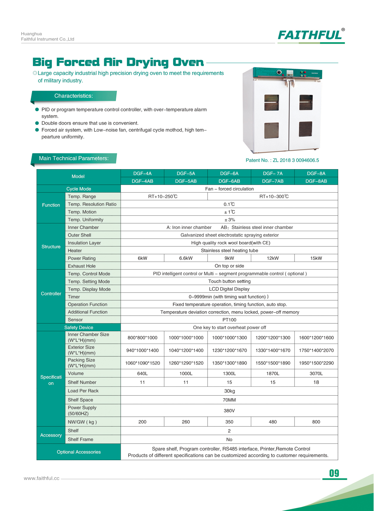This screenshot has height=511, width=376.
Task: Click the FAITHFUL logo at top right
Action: coord(311,35)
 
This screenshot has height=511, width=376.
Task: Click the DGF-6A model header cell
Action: coord(229,173)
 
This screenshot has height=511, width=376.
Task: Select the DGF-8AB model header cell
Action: coord(316,181)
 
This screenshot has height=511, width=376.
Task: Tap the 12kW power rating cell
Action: coord(272,258)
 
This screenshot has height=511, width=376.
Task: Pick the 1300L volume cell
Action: coord(229,373)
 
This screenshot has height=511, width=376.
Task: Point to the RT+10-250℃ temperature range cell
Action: coord(163,196)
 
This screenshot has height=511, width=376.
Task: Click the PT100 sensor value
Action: coord(229,320)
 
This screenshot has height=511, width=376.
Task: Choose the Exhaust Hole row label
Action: coord(82,266)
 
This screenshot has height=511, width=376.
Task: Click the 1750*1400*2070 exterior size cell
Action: coord(316,350)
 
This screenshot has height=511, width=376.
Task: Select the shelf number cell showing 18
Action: coord(316,382)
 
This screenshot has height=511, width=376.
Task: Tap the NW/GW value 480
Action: coord(272,422)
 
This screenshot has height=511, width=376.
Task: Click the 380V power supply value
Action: coord(229,411)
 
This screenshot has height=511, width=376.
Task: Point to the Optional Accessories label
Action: coord(79,452)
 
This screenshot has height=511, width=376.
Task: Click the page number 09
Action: coord(334,473)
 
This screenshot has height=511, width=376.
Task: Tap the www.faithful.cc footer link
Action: coord(42,478)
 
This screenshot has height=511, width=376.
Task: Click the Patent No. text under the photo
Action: coord(282,160)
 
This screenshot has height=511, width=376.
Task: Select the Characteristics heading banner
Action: coord(73,96)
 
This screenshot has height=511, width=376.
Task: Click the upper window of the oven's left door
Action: coord(272,103)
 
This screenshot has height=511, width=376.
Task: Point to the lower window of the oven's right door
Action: coord(305,129)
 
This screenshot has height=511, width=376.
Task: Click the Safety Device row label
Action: coord(79,328)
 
